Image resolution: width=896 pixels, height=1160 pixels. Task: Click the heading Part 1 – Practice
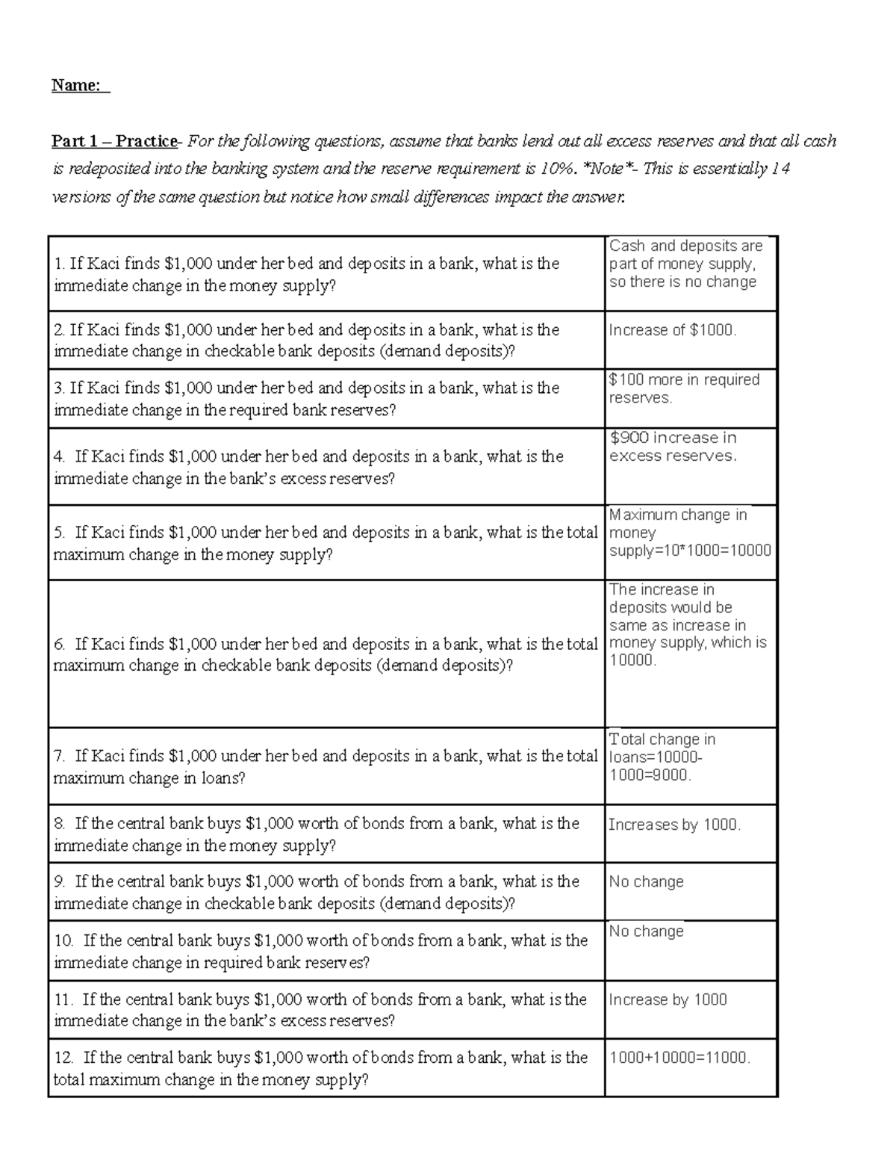pos(114,141)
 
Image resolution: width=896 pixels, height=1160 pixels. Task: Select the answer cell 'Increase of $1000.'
pos(673,330)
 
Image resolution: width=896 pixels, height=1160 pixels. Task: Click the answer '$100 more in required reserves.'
pos(684,388)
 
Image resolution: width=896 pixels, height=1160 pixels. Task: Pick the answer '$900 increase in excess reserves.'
pos(673,447)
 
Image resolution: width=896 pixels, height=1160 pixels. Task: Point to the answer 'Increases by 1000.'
pos(674,825)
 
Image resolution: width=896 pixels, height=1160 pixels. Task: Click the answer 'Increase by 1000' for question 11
pos(668,999)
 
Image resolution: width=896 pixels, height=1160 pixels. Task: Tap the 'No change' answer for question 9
pos(646,881)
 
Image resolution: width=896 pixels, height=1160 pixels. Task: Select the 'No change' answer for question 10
pos(646,931)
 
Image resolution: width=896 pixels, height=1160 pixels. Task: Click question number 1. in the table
pos(60,264)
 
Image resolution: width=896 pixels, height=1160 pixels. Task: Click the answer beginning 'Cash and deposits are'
pos(685,264)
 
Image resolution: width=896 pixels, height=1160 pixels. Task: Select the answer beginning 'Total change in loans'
pos(662,757)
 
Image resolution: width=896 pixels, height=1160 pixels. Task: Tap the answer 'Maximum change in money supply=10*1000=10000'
pos(688,533)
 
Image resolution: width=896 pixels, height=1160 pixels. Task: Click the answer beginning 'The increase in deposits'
pos(687,625)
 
